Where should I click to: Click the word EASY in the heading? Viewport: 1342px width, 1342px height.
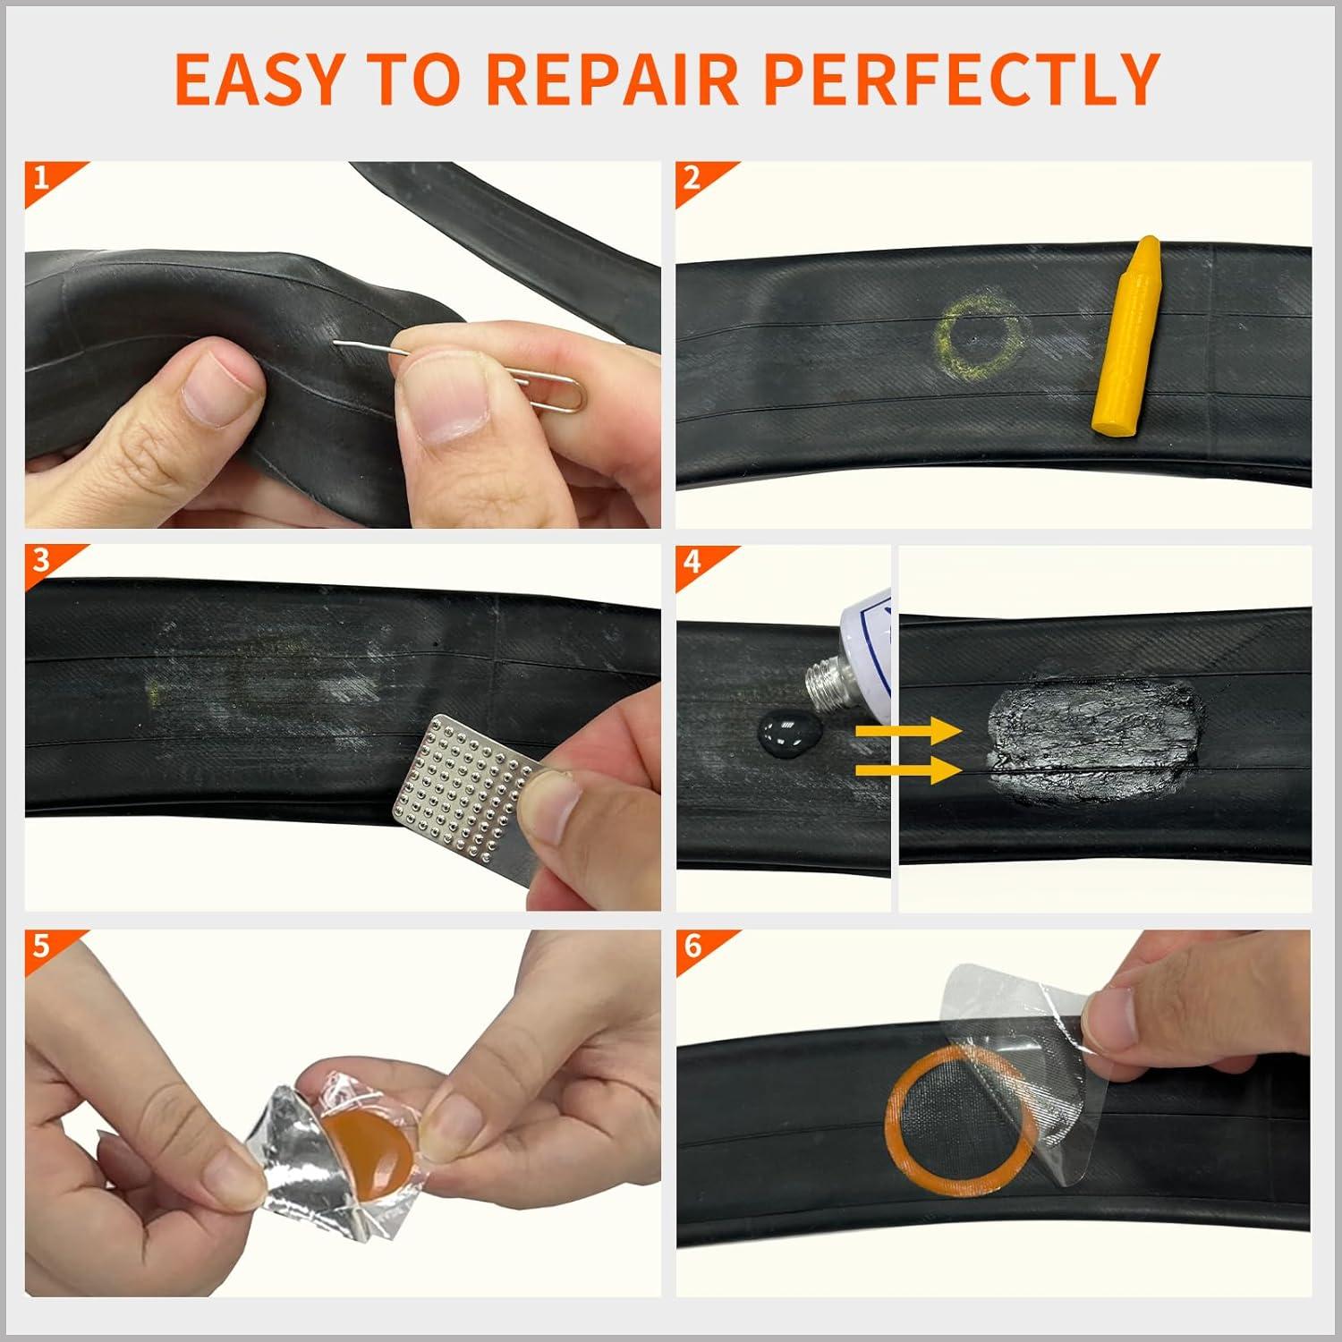(253, 79)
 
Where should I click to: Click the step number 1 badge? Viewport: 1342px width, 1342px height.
(41, 178)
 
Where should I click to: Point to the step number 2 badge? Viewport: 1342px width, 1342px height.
(692, 178)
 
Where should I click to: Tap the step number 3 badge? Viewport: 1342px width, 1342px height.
(41, 561)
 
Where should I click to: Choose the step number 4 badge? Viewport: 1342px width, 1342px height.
(692, 563)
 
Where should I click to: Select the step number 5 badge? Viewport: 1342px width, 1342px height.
(41, 946)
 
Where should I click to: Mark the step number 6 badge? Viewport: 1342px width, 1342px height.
(692, 946)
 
